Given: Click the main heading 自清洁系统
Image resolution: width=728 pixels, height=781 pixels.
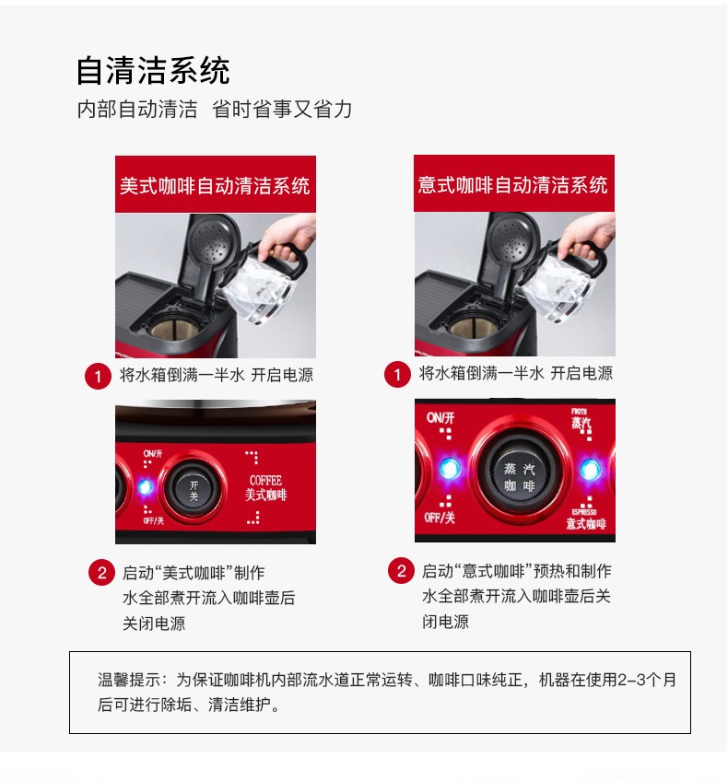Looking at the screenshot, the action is click(152, 71).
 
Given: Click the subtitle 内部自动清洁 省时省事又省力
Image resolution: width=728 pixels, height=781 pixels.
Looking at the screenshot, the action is click(215, 109).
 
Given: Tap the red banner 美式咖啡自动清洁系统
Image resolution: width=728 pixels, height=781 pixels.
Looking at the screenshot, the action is click(216, 184).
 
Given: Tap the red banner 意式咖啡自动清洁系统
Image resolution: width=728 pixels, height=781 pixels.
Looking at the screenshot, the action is click(513, 183).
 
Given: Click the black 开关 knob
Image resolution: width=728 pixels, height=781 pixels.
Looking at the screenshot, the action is click(194, 490).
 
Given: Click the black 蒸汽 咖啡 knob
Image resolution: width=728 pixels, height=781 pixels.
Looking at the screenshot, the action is click(519, 475).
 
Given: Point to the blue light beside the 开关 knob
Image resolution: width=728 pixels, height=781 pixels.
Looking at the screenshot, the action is click(145, 486).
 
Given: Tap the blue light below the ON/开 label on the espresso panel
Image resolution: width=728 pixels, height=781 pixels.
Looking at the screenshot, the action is click(450, 469).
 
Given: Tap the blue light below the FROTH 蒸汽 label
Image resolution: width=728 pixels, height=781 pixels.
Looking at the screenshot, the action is click(590, 470).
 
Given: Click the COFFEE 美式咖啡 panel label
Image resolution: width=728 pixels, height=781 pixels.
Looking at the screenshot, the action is click(265, 487).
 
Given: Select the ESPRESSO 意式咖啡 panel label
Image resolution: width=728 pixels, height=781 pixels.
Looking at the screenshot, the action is click(585, 519).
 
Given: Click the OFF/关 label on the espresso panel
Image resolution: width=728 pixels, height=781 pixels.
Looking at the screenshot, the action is click(440, 518).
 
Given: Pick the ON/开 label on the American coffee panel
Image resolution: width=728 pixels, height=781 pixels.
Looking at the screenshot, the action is click(152, 454).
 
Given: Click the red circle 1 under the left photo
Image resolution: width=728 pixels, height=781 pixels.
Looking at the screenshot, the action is click(98, 376).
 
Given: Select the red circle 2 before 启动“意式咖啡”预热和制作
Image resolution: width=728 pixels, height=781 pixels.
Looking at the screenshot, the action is click(401, 571).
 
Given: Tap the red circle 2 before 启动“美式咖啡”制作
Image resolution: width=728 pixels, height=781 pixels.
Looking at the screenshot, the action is click(101, 572).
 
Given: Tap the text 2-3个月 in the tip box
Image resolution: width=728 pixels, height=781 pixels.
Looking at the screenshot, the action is click(647, 680).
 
